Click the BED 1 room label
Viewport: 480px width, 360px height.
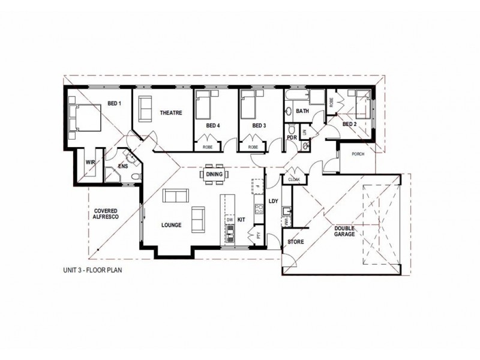115,104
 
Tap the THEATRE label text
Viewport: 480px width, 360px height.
170,113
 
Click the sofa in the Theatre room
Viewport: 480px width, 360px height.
145,108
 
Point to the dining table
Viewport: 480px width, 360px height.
214,174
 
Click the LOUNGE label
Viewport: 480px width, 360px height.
172,225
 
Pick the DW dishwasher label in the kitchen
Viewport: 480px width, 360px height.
229,220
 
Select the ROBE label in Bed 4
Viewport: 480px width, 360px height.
208,146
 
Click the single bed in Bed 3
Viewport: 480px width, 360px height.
248,106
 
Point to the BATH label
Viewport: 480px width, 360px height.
302,111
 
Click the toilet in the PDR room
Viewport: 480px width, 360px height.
292,130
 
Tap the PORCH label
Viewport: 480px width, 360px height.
358,154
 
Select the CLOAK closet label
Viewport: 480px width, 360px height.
294,179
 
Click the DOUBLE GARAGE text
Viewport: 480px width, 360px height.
345,231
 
